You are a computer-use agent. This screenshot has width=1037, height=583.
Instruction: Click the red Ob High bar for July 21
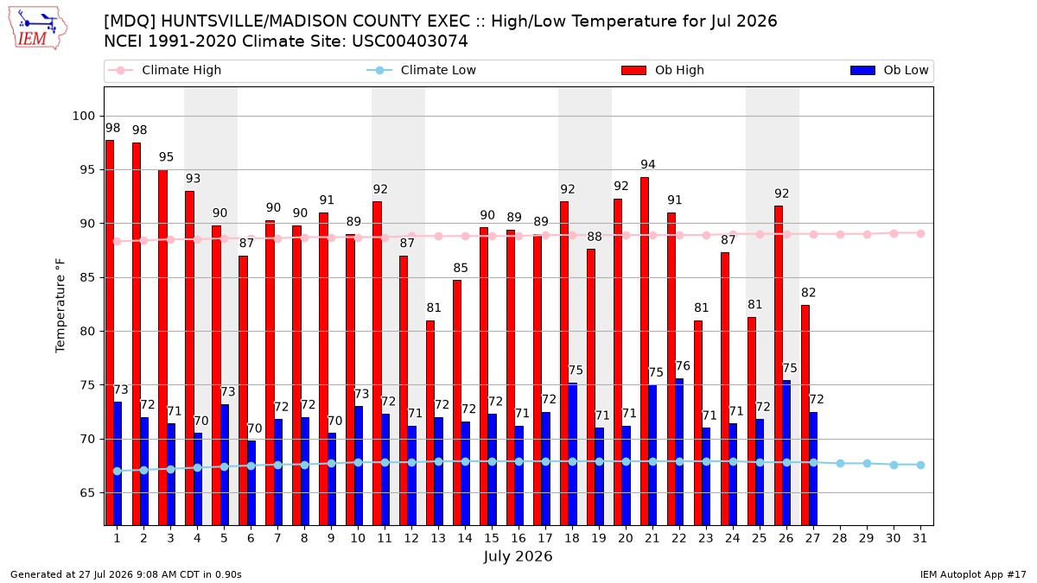click(x=645, y=352)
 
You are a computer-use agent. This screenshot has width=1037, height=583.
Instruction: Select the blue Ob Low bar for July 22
click(x=679, y=452)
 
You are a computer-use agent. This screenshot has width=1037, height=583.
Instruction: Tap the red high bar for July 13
click(x=430, y=423)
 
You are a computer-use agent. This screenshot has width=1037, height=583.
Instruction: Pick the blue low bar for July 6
click(x=251, y=483)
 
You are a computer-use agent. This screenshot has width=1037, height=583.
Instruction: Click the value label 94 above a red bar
click(x=648, y=164)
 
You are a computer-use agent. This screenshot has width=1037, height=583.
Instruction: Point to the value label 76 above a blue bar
click(x=683, y=366)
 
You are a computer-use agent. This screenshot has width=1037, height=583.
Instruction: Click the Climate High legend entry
click(x=165, y=70)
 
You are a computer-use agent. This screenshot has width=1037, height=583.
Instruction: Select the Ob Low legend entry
click(x=889, y=70)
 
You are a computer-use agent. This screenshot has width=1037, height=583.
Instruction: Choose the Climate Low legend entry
click(x=422, y=70)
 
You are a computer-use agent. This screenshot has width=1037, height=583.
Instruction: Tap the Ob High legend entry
click(x=663, y=70)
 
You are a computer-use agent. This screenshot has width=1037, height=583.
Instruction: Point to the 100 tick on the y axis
click(x=84, y=116)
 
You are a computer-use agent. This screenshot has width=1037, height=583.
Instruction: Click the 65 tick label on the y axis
click(x=88, y=493)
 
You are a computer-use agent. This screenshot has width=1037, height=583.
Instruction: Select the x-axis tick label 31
click(x=919, y=538)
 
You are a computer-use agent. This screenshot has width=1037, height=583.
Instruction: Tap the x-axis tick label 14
click(x=465, y=538)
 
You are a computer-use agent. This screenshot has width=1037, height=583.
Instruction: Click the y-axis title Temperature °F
click(x=60, y=306)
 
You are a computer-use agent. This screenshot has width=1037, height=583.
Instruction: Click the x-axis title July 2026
click(x=518, y=555)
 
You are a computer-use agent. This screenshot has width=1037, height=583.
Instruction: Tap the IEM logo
click(x=38, y=29)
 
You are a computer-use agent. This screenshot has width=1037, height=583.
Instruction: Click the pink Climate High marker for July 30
click(x=894, y=234)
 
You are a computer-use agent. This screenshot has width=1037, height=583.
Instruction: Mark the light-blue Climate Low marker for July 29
click(x=867, y=463)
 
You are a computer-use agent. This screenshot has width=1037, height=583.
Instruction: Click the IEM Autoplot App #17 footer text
click(x=973, y=574)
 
